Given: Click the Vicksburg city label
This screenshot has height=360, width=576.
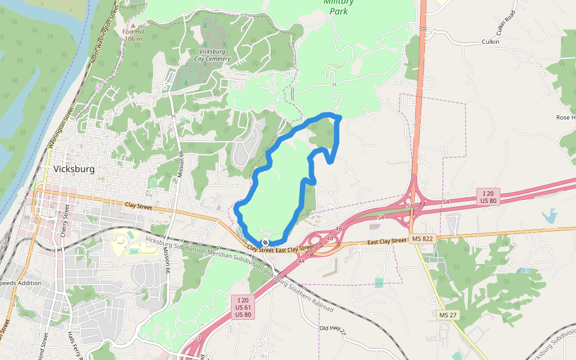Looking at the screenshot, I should coord(74,169).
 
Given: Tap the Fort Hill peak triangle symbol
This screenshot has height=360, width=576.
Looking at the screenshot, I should coord(133,25).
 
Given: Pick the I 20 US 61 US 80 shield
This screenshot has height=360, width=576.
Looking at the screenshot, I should coord(243,307).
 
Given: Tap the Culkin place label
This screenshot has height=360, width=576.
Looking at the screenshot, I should coord(491,42).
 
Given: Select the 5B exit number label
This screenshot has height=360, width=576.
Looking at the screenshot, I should coord(410,206).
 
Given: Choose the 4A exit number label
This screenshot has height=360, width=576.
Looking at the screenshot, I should coord(301,261).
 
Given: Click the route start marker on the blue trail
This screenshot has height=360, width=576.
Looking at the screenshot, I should coord(265,242).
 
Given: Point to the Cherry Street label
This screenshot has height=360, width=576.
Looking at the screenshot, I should coord(65,220).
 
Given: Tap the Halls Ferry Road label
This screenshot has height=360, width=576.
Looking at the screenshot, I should coord(75,346).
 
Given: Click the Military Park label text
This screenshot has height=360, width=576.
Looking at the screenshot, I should coord(338,6).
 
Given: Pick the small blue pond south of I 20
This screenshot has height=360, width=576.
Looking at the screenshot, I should coord(549,215).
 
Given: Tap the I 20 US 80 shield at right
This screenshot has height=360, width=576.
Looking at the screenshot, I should coord(488,196).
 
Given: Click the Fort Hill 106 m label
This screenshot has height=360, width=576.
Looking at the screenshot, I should coord(133,35).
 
